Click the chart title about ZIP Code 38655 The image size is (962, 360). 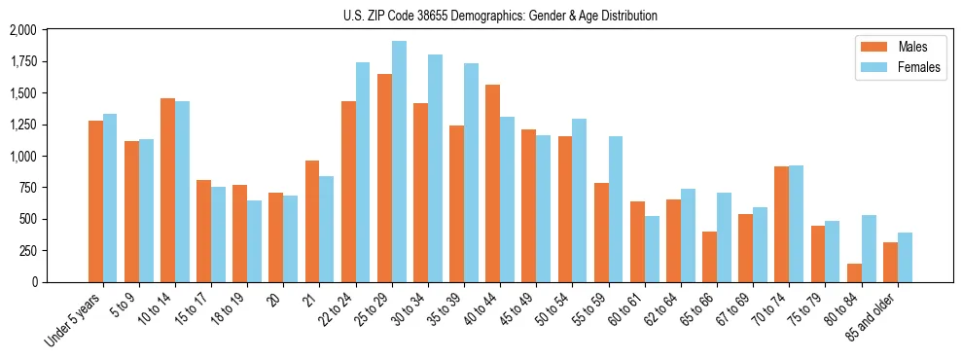pos(500,16)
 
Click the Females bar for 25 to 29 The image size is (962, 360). pos(399,162)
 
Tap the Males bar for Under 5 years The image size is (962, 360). pos(95,201)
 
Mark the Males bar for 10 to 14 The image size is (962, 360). pos(167,190)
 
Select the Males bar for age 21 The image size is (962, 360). pos(312,221)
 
